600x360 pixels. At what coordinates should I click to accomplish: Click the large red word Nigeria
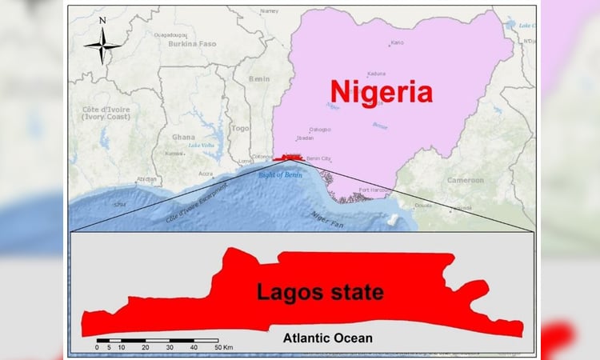pos(382,91)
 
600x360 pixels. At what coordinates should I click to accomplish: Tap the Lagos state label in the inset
pos(320,292)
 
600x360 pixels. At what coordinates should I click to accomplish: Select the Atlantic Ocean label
pos(327,338)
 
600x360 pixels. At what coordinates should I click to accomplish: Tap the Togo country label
pos(240,127)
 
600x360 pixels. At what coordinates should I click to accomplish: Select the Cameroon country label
pos(466,180)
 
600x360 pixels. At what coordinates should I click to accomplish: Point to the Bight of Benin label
pos(279,173)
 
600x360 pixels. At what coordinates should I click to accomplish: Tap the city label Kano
pos(398,42)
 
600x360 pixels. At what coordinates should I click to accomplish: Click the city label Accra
pos(206,173)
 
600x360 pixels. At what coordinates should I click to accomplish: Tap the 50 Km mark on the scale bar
pos(223,347)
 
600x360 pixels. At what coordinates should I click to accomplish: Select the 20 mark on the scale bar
pos(145,347)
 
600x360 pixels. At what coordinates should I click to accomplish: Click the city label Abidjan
pos(146,178)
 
